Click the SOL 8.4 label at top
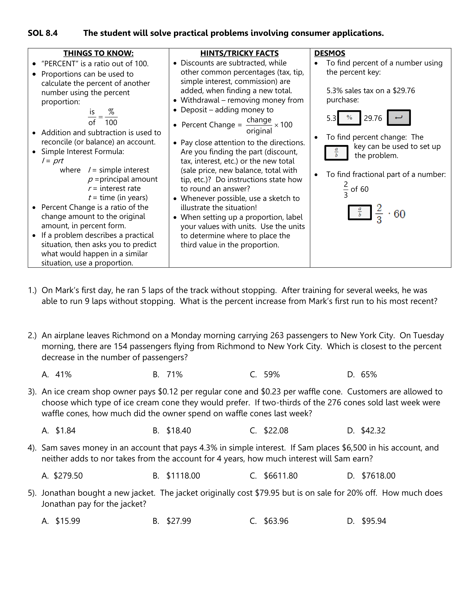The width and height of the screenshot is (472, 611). tap(43, 33)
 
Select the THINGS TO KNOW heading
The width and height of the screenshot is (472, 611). tap(98, 53)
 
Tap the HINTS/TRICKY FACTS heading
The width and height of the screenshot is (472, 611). tap(239, 53)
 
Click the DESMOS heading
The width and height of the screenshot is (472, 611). tap(330, 53)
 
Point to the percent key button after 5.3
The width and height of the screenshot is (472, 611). tap(349, 118)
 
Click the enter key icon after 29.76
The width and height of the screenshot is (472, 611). tap(399, 118)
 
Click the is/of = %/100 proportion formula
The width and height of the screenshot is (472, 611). tap(102, 117)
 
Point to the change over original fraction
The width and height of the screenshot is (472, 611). tap(259, 125)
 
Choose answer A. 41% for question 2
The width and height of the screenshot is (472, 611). tap(57, 374)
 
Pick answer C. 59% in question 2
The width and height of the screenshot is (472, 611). tap(265, 374)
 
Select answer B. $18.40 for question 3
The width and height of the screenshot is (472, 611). tap(172, 430)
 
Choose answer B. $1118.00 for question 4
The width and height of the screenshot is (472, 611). tap(176, 476)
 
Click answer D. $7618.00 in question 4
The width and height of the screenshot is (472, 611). tap(371, 476)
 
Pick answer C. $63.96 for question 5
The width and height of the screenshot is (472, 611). tap(269, 521)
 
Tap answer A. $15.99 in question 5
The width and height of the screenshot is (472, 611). tap(61, 521)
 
